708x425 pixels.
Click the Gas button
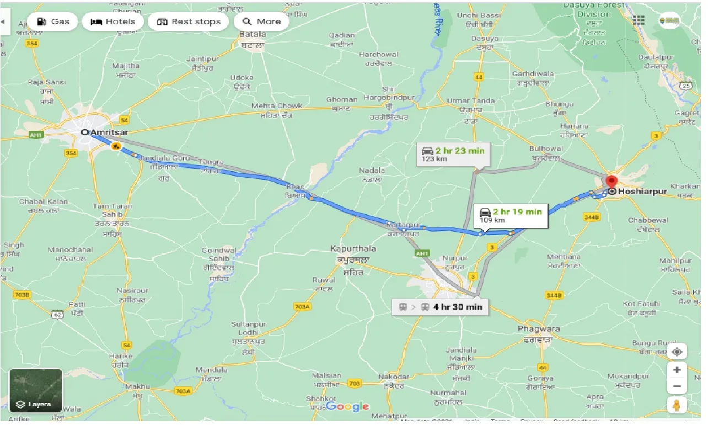tap(52, 22)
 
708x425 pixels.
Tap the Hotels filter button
tap(112, 22)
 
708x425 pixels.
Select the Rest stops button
tap(189, 22)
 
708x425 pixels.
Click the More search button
tap(262, 22)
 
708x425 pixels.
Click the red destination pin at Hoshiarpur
tap(611, 182)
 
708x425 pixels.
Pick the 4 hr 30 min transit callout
tap(439, 307)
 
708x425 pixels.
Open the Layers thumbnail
tap(36, 391)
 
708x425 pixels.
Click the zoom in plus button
tap(677, 370)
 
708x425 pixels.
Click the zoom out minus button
tap(677, 386)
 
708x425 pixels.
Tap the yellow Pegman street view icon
tap(677, 406)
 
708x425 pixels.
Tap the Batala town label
tap(253, 34)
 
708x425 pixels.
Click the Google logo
tap(347, 407)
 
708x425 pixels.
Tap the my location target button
tap(677, 352)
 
